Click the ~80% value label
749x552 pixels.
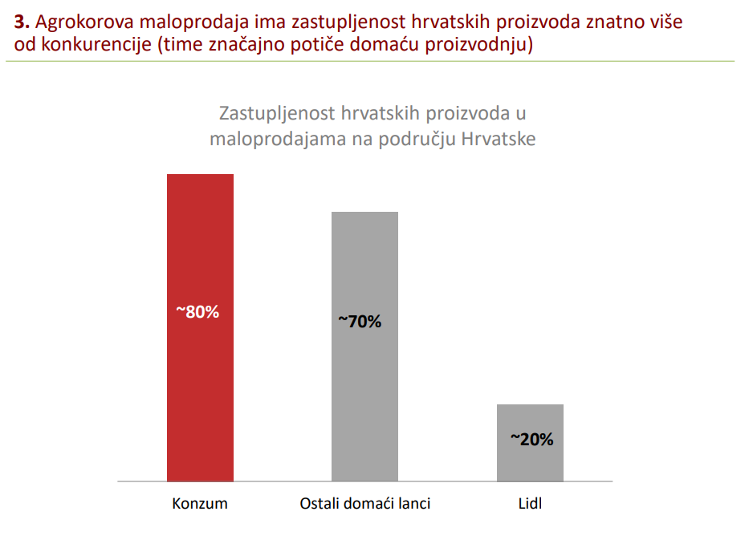pyautogui.click(x=197, y=312)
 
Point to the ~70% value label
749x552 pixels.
pyautogui.click(x=359, y=322)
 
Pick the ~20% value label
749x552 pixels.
pyautogui.click(x=531, y=439)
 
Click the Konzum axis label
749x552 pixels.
pyautogui.click(x=200, y=504)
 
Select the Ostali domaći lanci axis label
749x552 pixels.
pyautogui.click(x=364, y=504)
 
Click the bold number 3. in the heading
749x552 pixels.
pyautogui.click(x=22, y=22)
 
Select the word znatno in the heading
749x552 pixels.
pyautogui.click(x=601, y=22)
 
